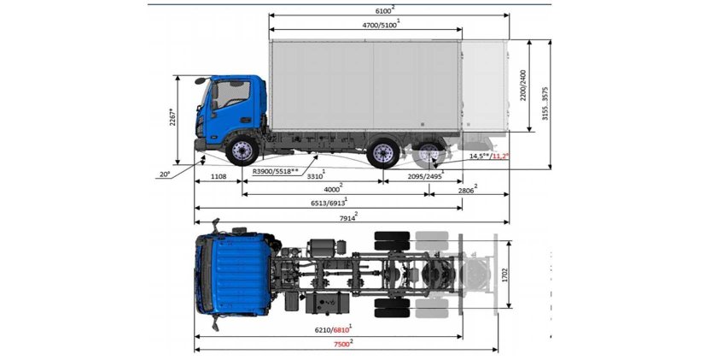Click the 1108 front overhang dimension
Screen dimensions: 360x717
[218, 176]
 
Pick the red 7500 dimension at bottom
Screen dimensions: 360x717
[344, 344]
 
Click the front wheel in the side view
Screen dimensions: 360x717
[242, 152]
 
